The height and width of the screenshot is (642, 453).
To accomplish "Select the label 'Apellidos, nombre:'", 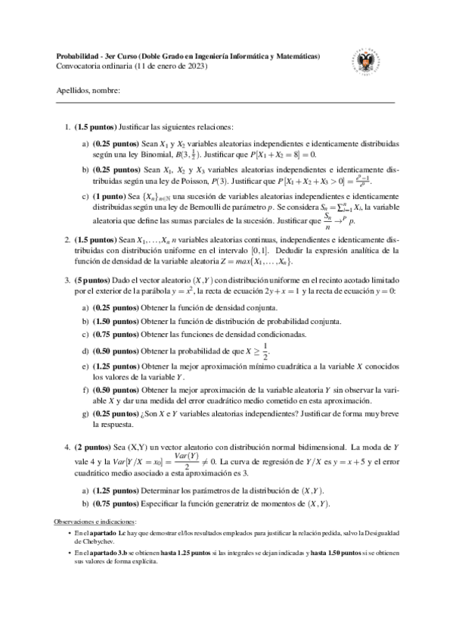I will pyautogui.click(x=88, y=91).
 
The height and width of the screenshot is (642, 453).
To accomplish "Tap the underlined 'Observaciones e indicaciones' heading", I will pyautogui.click(x=98, y=522).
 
